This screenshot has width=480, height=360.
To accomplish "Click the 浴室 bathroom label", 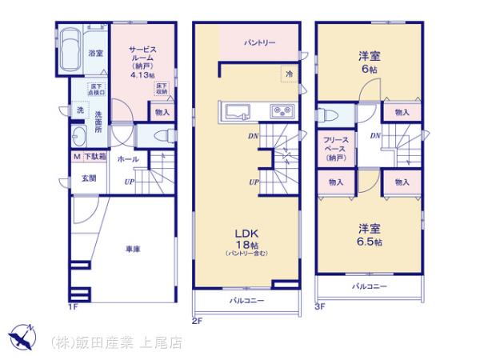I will point(94,54).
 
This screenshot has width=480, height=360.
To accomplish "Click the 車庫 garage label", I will point(132,250).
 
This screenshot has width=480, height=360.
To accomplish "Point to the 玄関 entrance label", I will point(88,178).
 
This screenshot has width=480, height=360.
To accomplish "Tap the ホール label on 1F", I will point(128,160).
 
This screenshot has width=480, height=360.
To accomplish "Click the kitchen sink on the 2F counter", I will point(238,111).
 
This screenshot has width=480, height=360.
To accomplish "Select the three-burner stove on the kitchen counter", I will point(282,111).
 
